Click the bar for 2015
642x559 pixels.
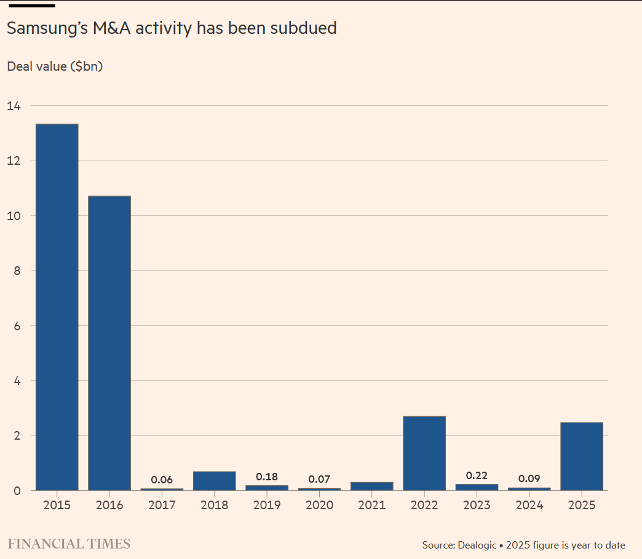57,307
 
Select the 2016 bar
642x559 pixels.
109,343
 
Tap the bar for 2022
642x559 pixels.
424,453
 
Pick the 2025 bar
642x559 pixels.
582,456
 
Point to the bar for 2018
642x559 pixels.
215,481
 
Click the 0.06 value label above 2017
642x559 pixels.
162,480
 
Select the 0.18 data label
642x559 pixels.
267,477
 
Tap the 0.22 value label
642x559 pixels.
477,475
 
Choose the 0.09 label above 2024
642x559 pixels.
529,478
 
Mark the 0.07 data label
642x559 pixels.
320,479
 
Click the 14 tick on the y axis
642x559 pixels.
14,106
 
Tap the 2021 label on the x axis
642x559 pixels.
372,505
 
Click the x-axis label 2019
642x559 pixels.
267,505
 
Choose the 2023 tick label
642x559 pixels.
477,505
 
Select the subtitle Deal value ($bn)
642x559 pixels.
55,66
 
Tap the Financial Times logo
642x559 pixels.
69,544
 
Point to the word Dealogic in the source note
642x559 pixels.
477,545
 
